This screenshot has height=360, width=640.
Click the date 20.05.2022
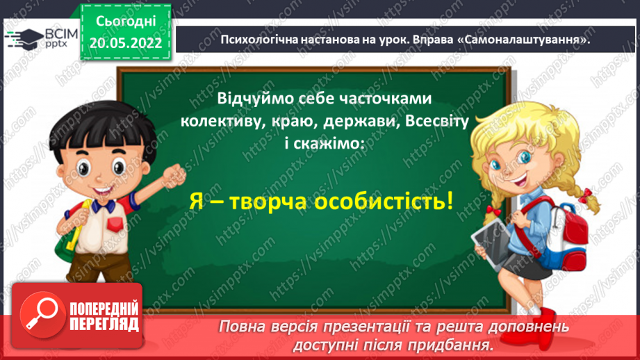click(x=126, y=43)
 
